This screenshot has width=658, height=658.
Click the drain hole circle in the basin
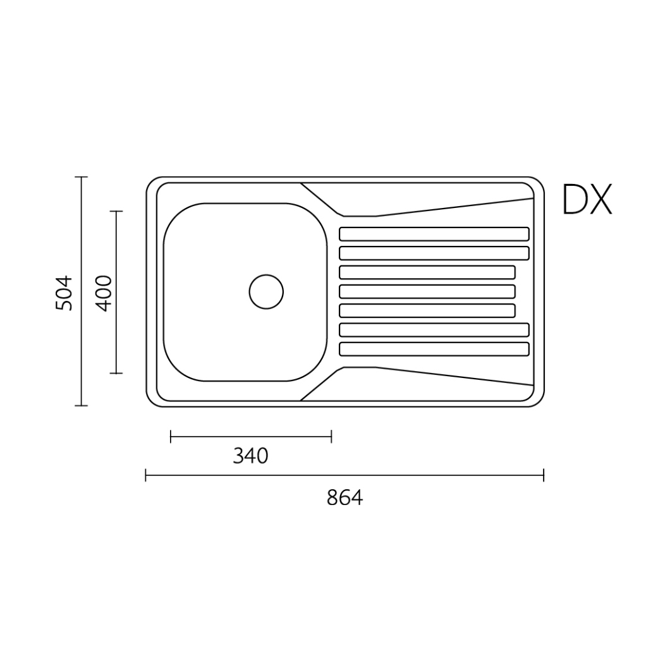point(266,274)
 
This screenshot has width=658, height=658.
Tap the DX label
point(587,199)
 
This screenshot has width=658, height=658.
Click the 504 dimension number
point(64,293)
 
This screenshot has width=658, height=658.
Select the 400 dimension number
point(104,293)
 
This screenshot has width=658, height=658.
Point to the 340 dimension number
point(250,456)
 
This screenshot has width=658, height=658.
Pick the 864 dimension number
point(344,497)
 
